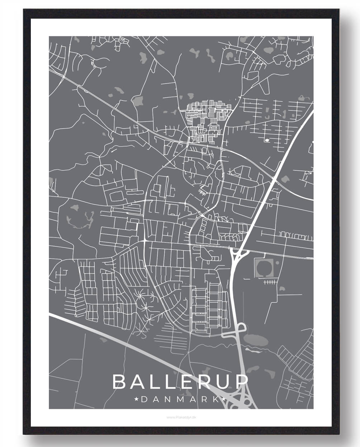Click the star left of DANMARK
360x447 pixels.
[136, 399]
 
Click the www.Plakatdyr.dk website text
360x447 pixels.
[181, 417]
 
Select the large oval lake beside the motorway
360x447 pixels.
[255, 339]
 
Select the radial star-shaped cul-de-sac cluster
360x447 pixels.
[145, 301]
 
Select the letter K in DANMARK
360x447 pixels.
[214, 399]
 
